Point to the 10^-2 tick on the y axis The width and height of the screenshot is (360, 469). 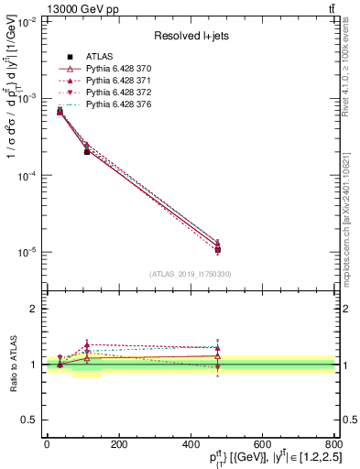tap(27, 21)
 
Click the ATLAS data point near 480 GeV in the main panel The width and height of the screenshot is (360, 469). tap(217, 249)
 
